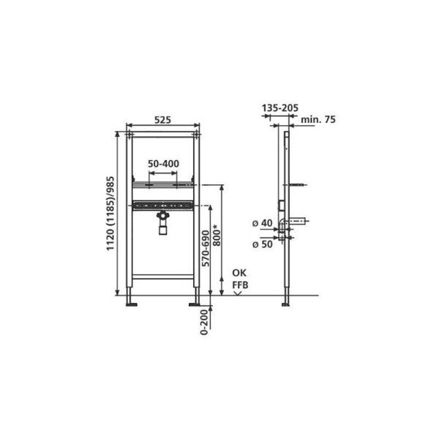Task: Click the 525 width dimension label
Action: pos(162,120)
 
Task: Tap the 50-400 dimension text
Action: pos(163,163)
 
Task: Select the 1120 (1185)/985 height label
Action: pos(110,214)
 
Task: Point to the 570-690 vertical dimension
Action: pos(206,248)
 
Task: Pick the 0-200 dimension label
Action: pos(205,322)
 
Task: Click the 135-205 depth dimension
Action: pos(280,108)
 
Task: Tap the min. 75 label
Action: pos(318,119)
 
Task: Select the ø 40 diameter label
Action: pos(263,223)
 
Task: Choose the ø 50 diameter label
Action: pos(263,244)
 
